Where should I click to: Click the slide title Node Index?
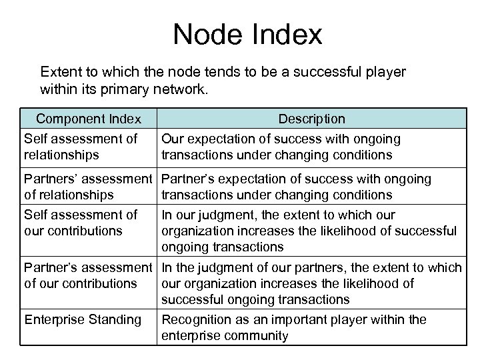click(x=247, y=35)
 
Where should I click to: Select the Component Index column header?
click(x=89, y=119)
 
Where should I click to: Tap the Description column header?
click(x=311, y=119)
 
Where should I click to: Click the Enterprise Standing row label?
click(x=83, y=319)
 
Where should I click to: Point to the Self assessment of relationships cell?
click(x=81, y=146)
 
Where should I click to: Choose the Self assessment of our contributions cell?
click(x=81, y=223)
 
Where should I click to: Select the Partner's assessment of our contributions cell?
click(x=89, y=275)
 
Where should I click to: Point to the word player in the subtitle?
click(x=374, y=71)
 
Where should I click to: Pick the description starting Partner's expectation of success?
click(x=297, y=187)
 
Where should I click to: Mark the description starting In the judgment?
click(x=311, y=283)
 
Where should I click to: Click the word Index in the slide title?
click(x=287, y=35)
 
